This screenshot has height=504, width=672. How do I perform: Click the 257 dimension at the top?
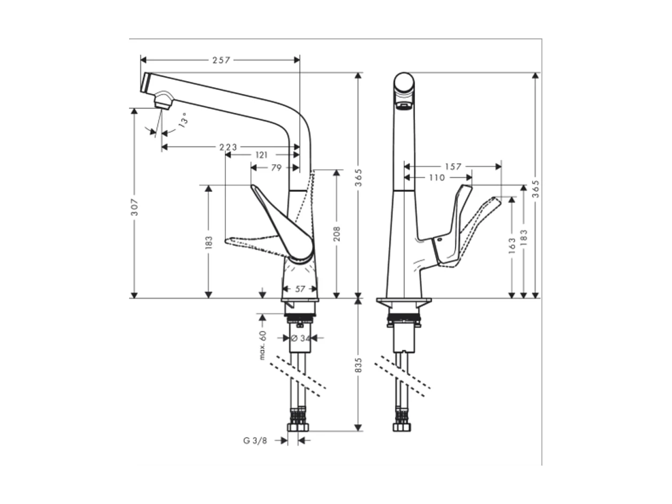coord(221,60)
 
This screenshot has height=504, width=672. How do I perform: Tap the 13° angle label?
coord(183,120)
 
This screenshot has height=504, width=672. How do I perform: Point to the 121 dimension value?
coord(261,155)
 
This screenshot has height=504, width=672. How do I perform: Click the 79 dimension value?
coord(276,167)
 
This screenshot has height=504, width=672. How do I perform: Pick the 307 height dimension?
coord(135,207)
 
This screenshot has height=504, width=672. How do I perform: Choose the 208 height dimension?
coord(337,234)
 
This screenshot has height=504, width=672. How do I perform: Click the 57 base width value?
coord(300,289)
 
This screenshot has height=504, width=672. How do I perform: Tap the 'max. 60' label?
coord(262,345)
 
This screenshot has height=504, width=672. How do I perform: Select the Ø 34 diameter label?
coord(301,338)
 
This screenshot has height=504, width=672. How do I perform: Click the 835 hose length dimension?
coord(358,365)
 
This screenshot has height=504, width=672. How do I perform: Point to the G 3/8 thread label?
coord(255,440)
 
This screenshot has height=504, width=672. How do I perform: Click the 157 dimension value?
coord(452,167)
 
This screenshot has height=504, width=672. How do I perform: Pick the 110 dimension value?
coord(436,177)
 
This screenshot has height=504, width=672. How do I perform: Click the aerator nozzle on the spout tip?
coord(163,101)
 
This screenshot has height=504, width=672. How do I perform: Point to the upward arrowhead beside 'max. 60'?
coord(262,317)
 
